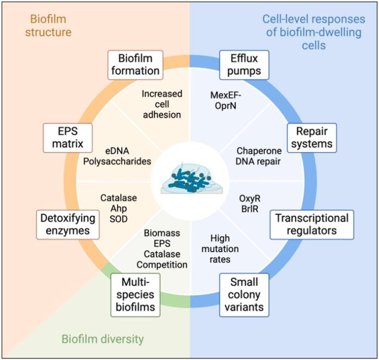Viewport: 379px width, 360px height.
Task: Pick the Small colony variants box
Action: [x=244, y=294]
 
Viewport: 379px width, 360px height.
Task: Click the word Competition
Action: [x=161, y=265]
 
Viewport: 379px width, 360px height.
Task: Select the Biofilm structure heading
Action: [x=50, y=25]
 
